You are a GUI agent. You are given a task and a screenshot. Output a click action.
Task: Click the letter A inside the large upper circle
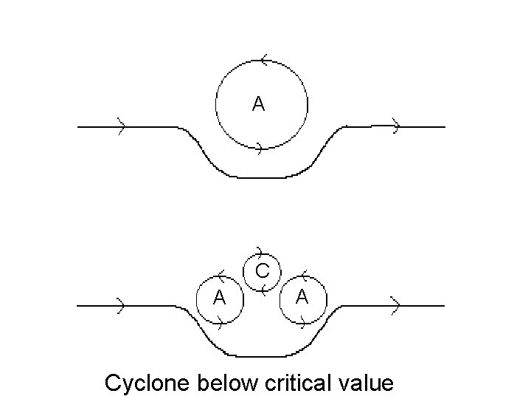[258, 105]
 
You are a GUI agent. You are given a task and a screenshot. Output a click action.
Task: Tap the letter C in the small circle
[261, 270]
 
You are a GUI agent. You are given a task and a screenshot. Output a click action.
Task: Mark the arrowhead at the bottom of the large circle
[257, 149]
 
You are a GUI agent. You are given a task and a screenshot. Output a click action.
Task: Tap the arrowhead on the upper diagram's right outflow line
[396, 126]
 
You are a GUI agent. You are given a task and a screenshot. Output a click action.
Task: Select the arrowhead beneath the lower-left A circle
[219, 323]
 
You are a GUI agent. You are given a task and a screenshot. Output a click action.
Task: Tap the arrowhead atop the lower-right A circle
[305, 276]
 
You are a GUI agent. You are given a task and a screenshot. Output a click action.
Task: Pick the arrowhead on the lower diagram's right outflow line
[395, 304]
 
